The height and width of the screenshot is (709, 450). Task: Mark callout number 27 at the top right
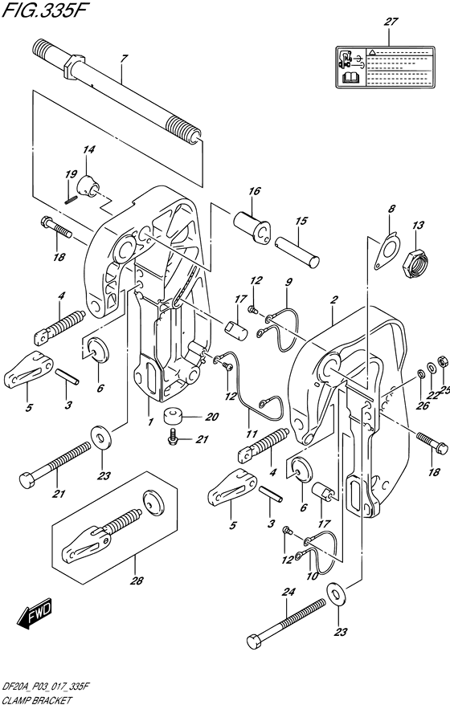391,22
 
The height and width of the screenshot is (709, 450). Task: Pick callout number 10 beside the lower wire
311,577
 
